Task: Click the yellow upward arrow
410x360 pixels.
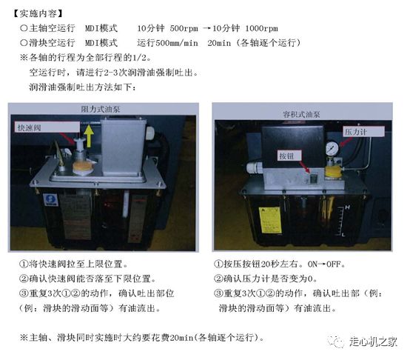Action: click(89, 136)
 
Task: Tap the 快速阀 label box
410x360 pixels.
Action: click(47, 127)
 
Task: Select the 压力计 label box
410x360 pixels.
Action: click(364, 131)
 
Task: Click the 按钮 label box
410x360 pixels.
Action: click(289, 156)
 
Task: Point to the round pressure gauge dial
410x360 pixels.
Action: click(332, 148)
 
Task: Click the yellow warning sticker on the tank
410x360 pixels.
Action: click(270, 220)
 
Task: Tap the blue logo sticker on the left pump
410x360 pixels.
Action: click(50, 200)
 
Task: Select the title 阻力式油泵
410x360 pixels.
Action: click(101, 109)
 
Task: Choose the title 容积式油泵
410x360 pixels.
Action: click(301, 114)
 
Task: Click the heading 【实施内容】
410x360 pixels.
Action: click(38, 13)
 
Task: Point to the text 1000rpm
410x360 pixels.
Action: click(261, 28)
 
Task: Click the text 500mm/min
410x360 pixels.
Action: click(177, 43)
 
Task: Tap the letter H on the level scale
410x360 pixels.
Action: click(347, 207)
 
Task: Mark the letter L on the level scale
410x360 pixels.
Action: click(343, 234)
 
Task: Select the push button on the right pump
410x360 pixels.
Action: click(313, 179)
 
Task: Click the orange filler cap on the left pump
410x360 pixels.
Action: click(83, 167)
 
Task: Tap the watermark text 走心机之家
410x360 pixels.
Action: click(373, 341)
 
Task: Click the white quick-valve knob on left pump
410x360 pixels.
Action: click(79, 144)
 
